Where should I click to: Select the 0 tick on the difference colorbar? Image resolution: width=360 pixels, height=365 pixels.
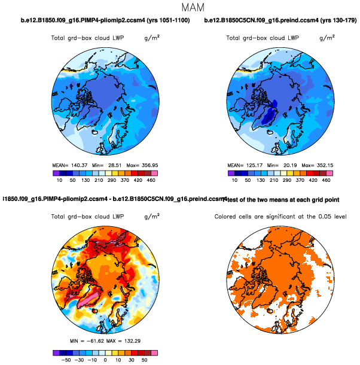coord(105,361)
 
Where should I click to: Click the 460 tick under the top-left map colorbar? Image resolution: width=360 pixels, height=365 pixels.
coord(153,179)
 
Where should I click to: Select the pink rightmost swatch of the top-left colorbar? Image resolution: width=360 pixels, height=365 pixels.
coord(153,172)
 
